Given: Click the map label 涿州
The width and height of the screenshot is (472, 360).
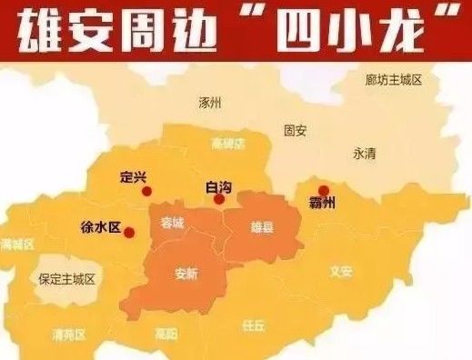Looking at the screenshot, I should coord(210,103).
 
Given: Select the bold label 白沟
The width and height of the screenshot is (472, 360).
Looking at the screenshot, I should coord(219,186).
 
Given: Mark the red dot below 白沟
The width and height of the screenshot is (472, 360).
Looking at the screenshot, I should coord(219,200).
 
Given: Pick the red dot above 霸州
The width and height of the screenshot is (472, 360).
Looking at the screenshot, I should coord(324,191).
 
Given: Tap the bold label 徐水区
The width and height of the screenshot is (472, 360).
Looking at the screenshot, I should coord(101,226).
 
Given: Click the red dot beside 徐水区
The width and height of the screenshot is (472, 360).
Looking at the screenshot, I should coord(129,233).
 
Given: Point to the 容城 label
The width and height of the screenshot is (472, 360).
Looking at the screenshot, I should coord(172,222).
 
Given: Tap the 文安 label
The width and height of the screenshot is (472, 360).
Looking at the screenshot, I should coord(340,270).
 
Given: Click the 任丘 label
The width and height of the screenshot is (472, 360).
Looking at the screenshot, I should coord(254,324).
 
